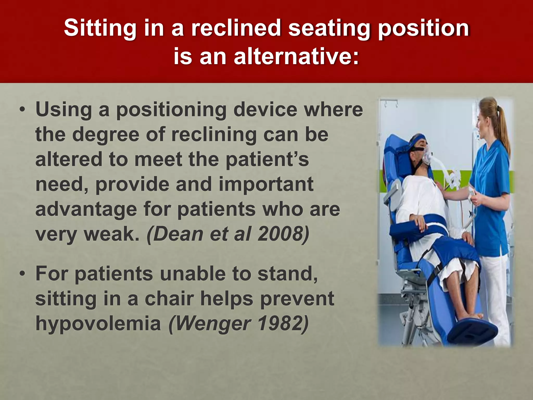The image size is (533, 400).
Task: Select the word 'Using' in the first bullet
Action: click(x=64, y=110)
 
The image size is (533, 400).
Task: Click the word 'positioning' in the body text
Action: click(x=172, y=110)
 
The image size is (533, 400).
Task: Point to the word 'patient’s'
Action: click(x=267, y=159)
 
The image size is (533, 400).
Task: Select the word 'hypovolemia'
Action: click(x=98, y=324)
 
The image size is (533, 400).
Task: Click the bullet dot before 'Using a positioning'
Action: click(x=23, y=110)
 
